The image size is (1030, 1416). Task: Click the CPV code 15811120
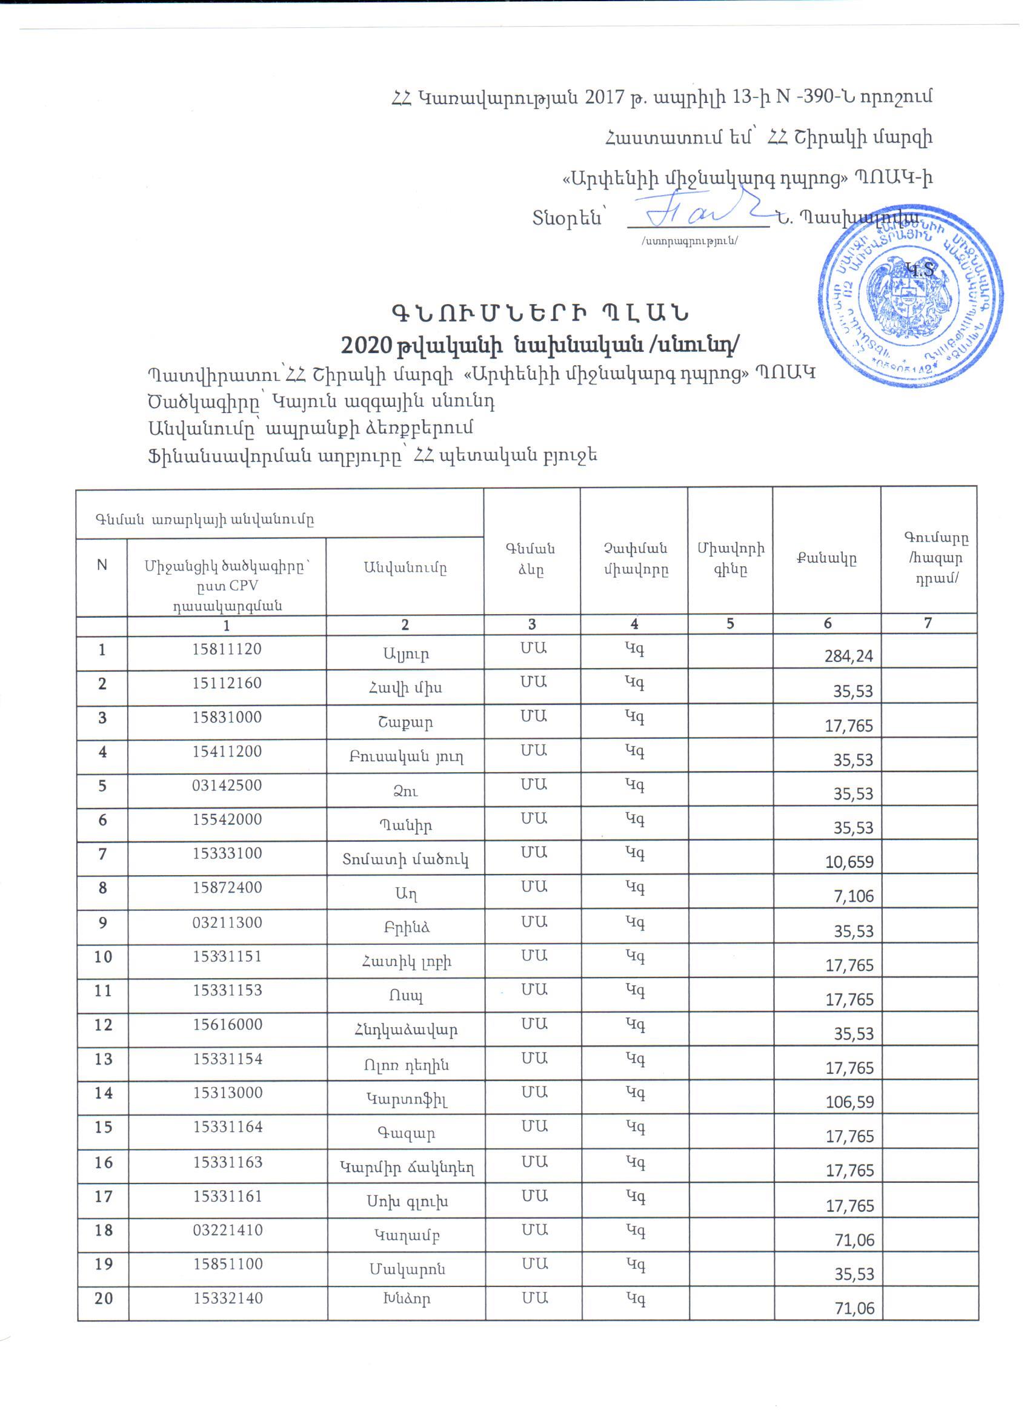pyautogui.click(x=227, y=649)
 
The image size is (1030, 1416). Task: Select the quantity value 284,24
pyautogui.click(x=848, y=656)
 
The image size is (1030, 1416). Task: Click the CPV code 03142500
pyautogui.click(x=227, y=786)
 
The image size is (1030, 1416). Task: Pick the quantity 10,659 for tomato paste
pyautogui.click(x=849, y=862)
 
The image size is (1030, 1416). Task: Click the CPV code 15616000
pyautogui.click(x=227, y=1025)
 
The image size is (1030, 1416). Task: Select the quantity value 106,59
pyautogui.click(x=848, y=1102)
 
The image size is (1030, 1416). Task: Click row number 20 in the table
pyautogui.click(x=103, y=1299)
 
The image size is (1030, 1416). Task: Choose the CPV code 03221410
pyautogui.click(x=227, y=1230)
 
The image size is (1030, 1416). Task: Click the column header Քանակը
pyautogui.click(x=826, y=559)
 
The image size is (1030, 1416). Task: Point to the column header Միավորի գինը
pyautogui.click(x=729, y=559)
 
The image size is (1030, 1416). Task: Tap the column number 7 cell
pyautogui.click(x=928, y=623)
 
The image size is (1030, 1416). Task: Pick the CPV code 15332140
pyautogui.click(x=227, y=1299)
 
